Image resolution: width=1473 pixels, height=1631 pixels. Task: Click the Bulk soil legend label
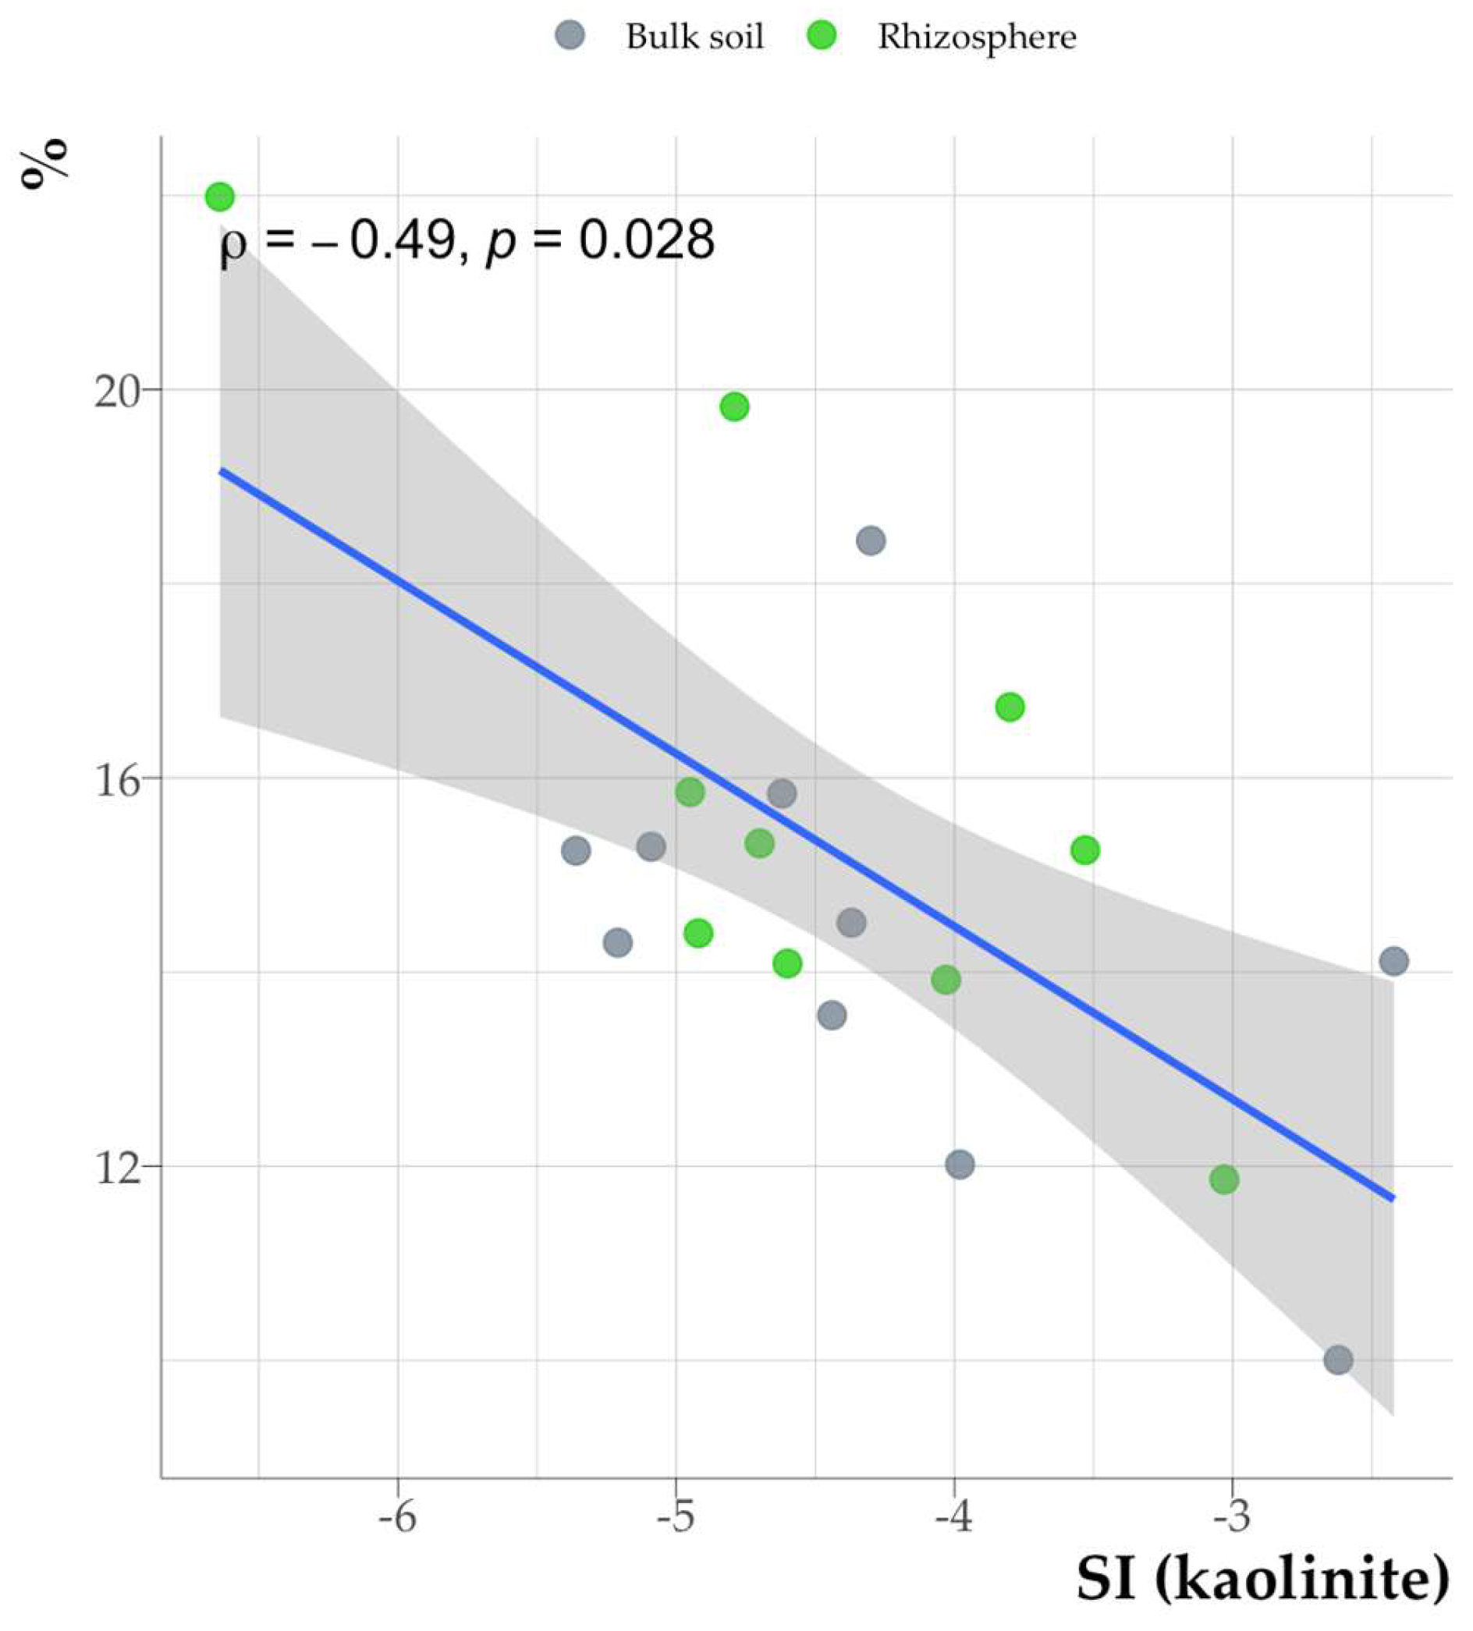pyautogui.click(x=694, y=37)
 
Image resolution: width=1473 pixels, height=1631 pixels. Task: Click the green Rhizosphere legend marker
pyautogui.click(x=822, y=37)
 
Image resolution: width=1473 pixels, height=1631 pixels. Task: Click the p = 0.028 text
pyautogui.click(x=600, y=240)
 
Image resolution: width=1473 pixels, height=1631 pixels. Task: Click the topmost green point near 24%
pyautogui.click(x=220, y=197)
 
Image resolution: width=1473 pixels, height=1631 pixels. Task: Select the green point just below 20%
pyautogui.click(x=734, y=407)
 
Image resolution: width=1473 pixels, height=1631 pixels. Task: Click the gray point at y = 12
pyautogui.click(x=959, y=1165)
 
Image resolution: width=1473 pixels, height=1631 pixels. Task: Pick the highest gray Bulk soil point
pyautogui.click(x=871, y=541)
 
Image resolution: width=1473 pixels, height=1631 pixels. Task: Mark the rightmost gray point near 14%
pyautogui.click(x=1393, y=961)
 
